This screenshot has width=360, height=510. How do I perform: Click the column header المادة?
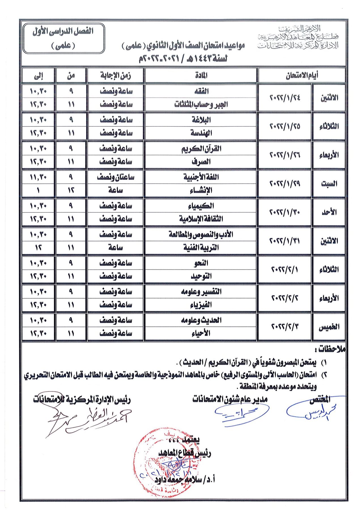[201, 75]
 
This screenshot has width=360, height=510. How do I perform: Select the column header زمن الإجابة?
[116, 75]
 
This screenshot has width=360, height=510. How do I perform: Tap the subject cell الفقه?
[201, 91]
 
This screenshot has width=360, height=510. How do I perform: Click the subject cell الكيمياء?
[201, 206]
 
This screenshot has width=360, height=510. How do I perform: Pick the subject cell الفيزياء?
[201, 305]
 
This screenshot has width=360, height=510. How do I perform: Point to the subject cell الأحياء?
[201, 333]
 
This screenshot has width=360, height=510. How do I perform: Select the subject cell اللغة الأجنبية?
[201, 177]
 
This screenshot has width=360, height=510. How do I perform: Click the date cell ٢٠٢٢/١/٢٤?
[285, 98]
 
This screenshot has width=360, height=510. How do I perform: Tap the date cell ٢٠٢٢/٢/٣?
[285, 327]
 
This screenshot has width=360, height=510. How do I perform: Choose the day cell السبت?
[329, 184]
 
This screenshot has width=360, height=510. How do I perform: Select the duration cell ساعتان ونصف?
[116, 177]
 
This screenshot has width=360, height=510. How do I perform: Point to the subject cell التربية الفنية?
[201, 248]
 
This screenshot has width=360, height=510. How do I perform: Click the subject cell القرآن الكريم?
[201, 149]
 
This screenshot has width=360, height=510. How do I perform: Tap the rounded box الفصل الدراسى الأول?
[63, 38]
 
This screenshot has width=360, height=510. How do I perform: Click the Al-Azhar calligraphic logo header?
[298, 37]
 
